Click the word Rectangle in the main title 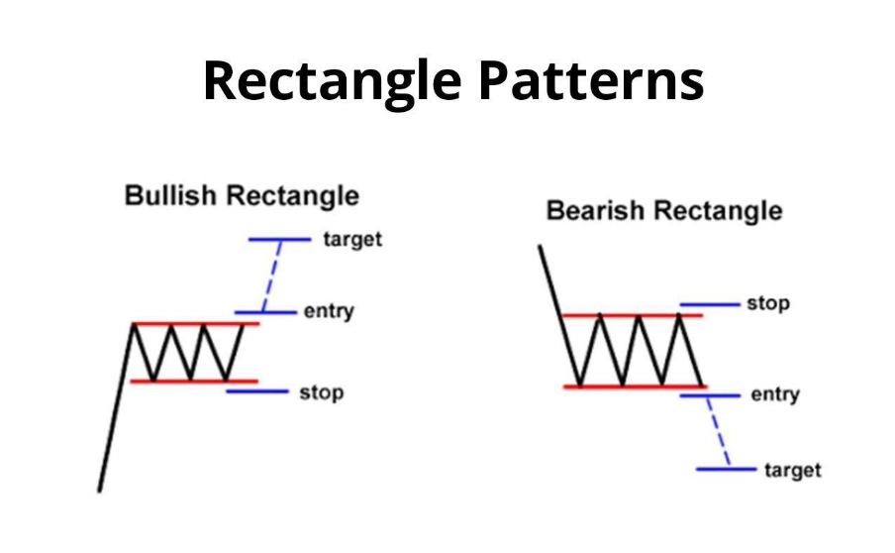tap(333, 81)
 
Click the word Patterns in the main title tap(591, 80)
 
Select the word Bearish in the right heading tap(595, 210)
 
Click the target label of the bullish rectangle tap(352, 240)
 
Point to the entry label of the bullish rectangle tap(329, 311)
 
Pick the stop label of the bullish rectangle tap(322, 392)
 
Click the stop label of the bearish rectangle tap(768, 303)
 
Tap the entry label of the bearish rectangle tap(774, 394)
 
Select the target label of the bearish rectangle tap(793, 470)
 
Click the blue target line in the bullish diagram tap(279, 240)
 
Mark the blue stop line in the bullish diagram tap(257, 391)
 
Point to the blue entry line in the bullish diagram tap(265, 312)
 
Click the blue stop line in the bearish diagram tap(710, 304)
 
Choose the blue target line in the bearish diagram tap(726, 469)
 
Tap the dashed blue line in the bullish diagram tap(271, 276)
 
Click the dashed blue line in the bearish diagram tap(718, 432)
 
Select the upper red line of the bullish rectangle tap(196, 324)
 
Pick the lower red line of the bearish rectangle tap(636, 387)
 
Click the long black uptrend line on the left tap(116, 408)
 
